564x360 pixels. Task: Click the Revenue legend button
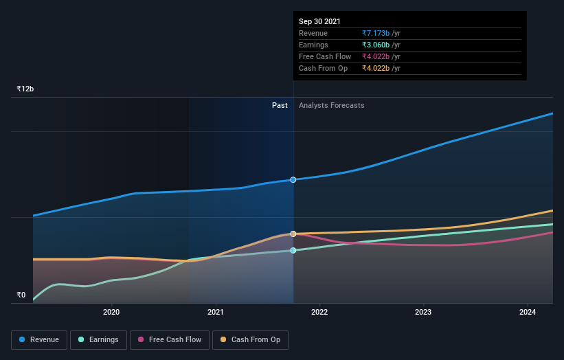tap(39, 339)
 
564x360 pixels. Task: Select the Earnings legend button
tap(98, 339)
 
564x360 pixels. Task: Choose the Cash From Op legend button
tap(250, 339)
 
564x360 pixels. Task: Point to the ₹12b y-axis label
tap(25, 89)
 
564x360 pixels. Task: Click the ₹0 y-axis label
tap(21, 295)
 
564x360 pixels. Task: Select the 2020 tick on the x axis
tap(111, 311)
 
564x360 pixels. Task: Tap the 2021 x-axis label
tap(216, 311)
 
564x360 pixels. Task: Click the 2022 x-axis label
tap(319, 311)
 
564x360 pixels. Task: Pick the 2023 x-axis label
tap(423, 311)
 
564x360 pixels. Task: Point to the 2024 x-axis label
tap(528, 311)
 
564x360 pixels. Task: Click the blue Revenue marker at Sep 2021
tap(293, 179)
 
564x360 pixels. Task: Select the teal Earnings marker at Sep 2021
tap(293, 250)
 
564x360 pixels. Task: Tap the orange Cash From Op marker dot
tap(293, 234)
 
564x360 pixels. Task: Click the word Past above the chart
tap(280, 105)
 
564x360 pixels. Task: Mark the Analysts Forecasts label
tap(332, 105)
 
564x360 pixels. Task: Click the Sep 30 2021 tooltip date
tap(319, 22)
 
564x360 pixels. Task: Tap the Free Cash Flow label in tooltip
tap(325, 56)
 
